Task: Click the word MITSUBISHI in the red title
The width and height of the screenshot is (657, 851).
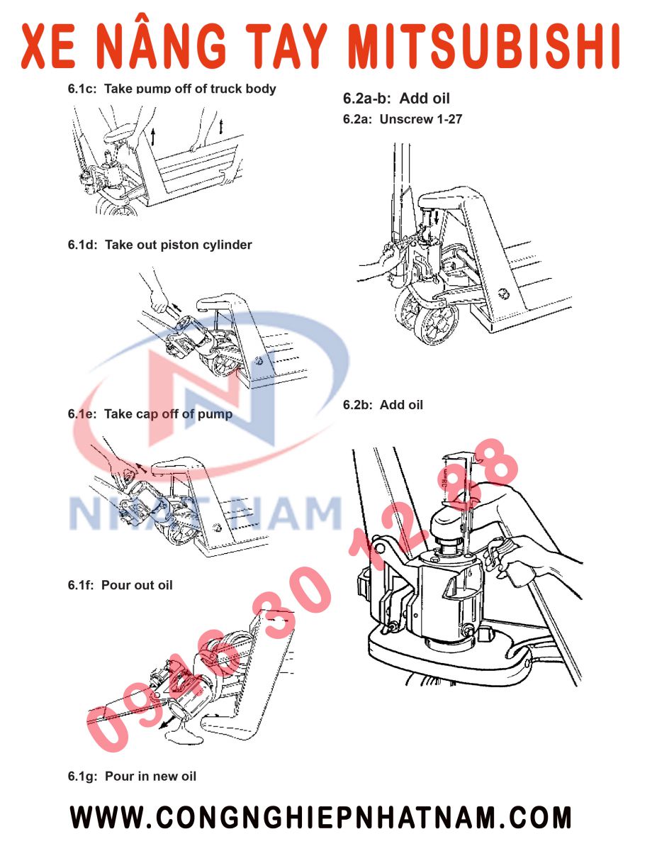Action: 487,47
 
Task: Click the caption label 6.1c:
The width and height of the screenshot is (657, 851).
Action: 83,89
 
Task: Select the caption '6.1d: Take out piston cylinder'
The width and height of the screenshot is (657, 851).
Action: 160,245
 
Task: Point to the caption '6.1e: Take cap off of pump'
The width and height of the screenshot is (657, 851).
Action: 150,414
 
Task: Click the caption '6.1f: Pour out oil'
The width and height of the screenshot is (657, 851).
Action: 120,585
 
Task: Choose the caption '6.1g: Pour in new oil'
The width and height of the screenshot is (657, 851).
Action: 133,776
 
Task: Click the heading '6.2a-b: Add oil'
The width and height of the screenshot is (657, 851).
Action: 396,99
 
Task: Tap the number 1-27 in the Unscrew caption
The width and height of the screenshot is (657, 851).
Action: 449,119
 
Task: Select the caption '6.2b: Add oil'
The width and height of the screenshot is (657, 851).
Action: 383,405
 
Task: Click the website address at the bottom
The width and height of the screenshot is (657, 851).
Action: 320,818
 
